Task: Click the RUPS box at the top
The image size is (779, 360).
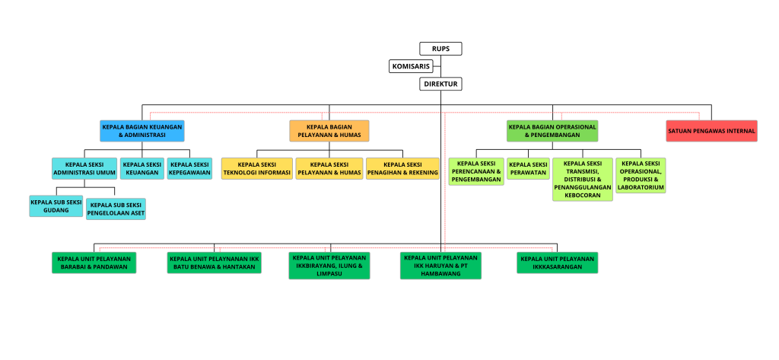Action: (x=440, y=49)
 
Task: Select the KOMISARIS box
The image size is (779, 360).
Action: (x=411, y=66)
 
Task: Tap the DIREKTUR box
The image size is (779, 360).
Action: (x=440, y=84)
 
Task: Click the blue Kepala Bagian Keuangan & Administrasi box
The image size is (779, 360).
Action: (x=142, y=131)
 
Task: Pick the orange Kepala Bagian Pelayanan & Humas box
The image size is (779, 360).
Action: (x=329, y=131)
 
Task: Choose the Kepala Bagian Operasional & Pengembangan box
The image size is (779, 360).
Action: (x=552, y=131)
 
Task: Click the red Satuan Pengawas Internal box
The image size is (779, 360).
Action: (x=711, y=131)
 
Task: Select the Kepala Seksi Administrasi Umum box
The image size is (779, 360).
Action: (x=84, y=168)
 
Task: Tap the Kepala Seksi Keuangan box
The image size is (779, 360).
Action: (x=142, y=168)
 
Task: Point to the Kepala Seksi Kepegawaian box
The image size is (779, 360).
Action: (x=189, y=168)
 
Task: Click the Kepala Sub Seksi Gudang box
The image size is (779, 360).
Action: (x=56, y=205)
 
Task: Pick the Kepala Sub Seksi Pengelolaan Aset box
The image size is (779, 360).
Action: (x=116, y=209)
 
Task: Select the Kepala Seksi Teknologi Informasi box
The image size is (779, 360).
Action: (x=257, y=168)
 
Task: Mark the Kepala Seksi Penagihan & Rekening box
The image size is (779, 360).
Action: (x=403, y=168)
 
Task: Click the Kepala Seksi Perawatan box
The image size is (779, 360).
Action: (x=528, y=168)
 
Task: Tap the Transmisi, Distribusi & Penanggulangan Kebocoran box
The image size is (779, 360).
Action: (x=583, y=180)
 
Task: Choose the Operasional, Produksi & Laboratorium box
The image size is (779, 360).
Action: (x=641, y=176)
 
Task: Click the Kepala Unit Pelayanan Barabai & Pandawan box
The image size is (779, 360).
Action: (x=94, y=263)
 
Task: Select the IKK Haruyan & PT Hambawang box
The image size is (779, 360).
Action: (x=440, y=266)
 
